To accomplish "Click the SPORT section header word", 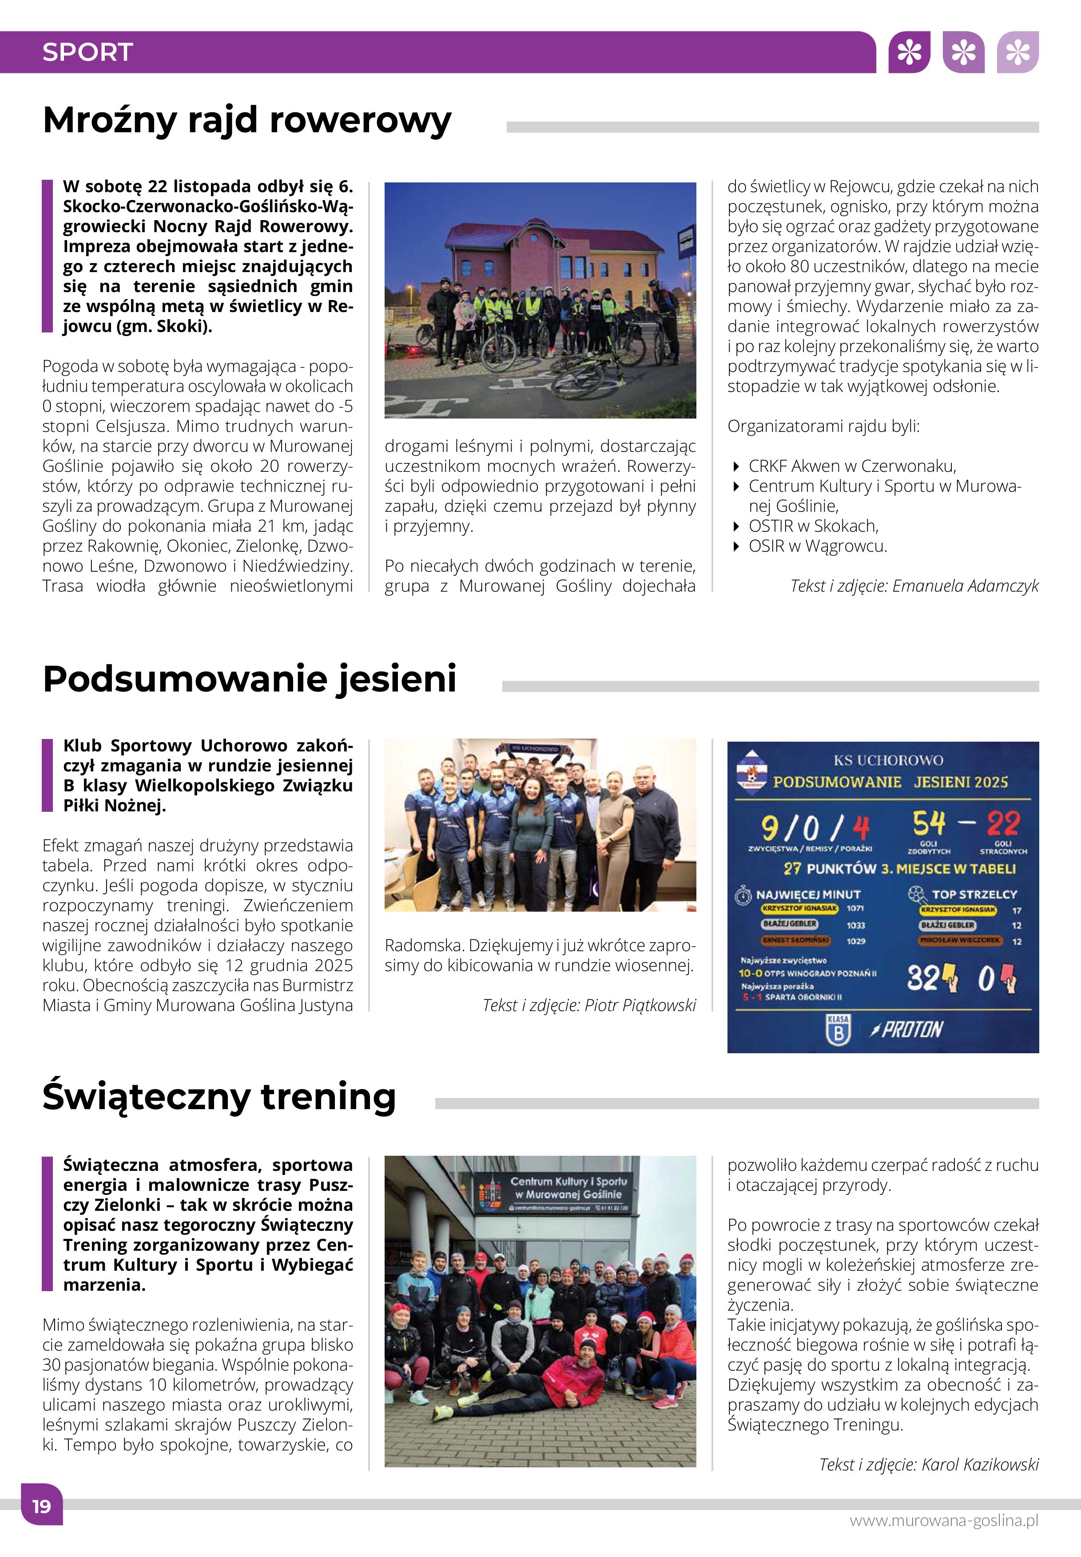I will (x=87, y=52).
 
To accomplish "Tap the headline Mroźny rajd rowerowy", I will (x=246, y=120).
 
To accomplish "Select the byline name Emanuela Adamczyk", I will (x=965, y=586).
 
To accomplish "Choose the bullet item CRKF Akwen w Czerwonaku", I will (x=852, y=466).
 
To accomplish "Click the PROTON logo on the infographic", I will (x=908, y=1030).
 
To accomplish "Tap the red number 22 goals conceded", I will (x=1002, y=824).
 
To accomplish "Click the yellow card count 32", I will (x=922, y=977).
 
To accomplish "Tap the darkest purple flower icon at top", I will (x=909, y=52).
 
